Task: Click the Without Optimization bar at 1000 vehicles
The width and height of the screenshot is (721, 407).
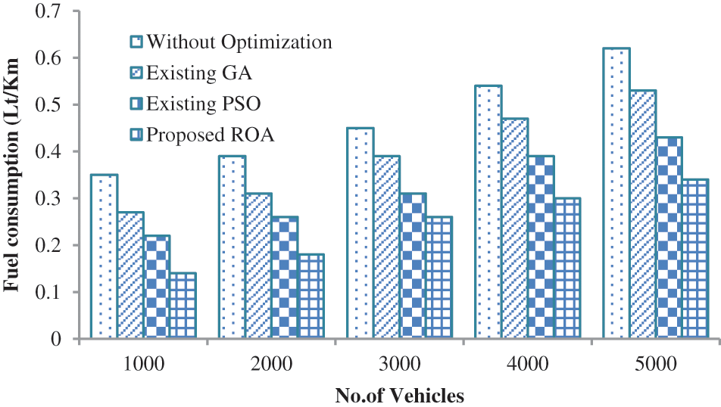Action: click(x=104, y=257)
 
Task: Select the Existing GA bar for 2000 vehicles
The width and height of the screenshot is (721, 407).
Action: click(x=258, y=266)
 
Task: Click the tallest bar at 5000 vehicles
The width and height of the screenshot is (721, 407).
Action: click(x=615, y=194)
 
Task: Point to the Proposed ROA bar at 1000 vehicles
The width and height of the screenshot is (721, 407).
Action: click(x=182, y=306)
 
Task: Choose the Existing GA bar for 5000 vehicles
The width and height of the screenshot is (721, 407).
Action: click(x=641, y=215)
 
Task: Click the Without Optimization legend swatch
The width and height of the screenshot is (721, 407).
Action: click(x=137, y=41)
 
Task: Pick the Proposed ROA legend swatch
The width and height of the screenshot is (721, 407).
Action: click(x=137, y=135)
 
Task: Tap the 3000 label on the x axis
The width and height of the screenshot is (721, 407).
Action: click(x=398, y=364)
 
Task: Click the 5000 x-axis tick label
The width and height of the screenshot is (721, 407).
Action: click(x=654, y=364)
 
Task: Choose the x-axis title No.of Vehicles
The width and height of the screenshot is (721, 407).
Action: click(x=398, y=395)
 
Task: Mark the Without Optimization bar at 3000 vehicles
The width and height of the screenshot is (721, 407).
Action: click(x=360, y=234)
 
